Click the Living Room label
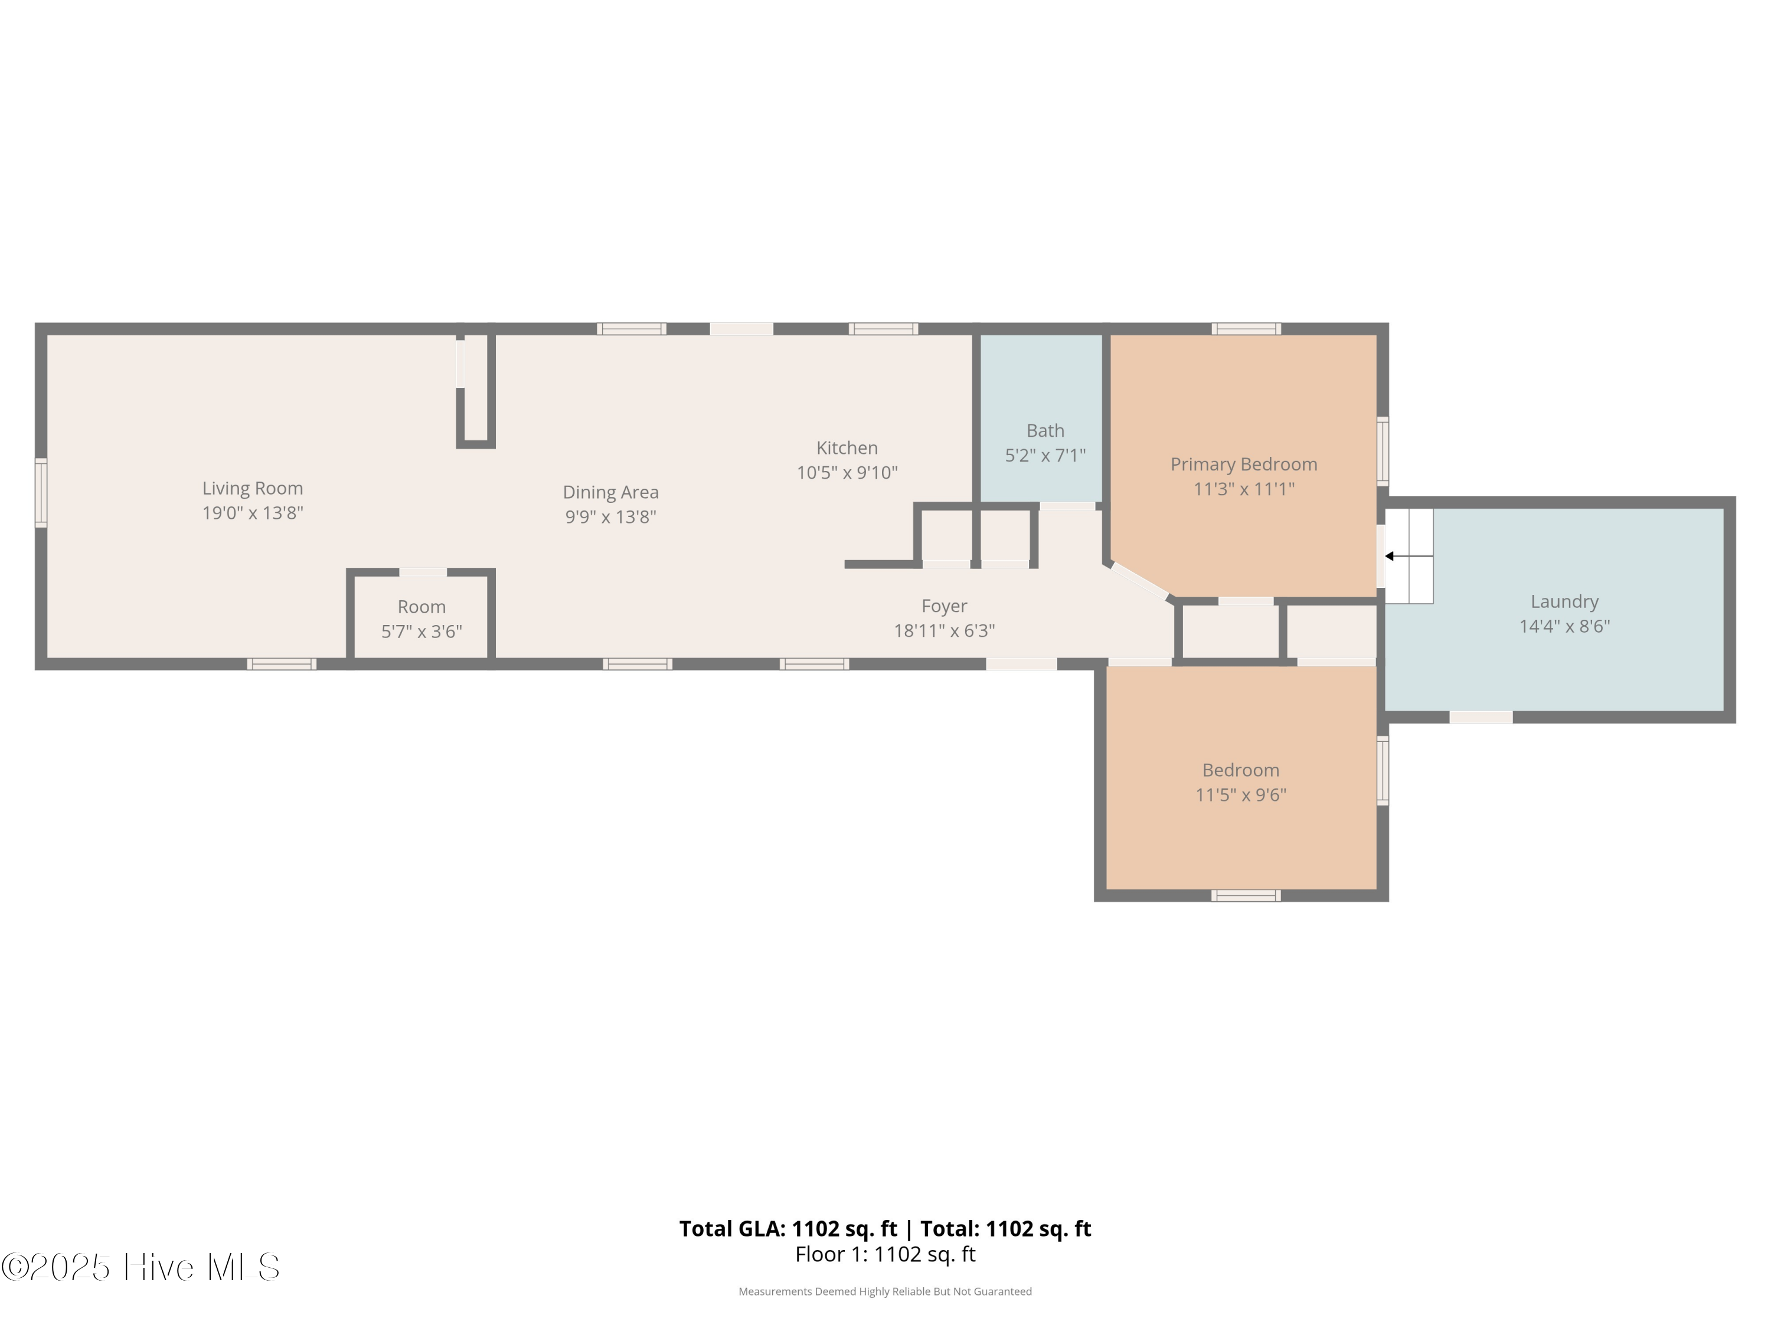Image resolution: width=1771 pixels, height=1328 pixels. coord(252,488)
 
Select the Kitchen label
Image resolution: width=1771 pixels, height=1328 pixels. coord(847,448)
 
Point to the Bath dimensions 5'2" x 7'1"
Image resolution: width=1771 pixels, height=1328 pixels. coord(1045,456)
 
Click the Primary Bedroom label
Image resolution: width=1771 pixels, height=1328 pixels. coord(1243,465)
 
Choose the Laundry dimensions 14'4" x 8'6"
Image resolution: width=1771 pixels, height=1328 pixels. coord(1564,627)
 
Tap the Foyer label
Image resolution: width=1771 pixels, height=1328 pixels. coord(944,606)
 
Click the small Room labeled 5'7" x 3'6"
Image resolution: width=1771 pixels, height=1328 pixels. coord(421,619)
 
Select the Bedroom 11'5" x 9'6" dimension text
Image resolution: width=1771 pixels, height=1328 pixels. coord(1240,795)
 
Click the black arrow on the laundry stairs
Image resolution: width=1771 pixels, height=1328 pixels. coord(1390,557)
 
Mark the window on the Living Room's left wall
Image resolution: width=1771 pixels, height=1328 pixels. coord(41,493)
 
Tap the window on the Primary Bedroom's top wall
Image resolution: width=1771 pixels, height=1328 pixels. coord(1246,329)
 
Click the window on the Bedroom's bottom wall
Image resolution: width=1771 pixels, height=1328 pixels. coord(1246,896)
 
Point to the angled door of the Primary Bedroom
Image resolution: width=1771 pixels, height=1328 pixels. coord(1139,581)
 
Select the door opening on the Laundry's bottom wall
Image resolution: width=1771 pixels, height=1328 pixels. coord(1481,717)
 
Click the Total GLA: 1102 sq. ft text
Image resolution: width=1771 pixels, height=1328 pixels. coord(788,1229)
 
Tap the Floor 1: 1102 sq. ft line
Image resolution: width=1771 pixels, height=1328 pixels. coord(885,1254)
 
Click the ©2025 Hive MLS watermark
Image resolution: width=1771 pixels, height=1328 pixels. coord(141,1267)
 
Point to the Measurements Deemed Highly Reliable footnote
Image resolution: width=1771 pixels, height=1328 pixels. coord(885,1291)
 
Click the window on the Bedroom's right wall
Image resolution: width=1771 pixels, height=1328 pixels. coord(1383,770)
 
